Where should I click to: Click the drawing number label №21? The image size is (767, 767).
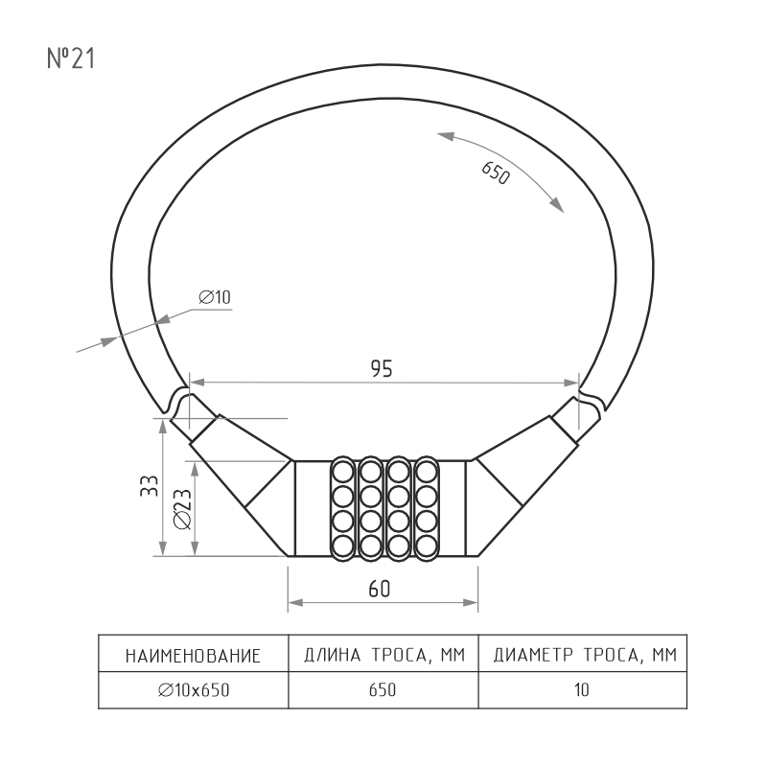point(71,58)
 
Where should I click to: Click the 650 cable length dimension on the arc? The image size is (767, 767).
point(496,174)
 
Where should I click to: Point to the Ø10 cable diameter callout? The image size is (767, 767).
point(215,297)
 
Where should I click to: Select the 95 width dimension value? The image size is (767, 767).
point(382,369)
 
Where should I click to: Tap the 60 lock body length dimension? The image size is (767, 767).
point(380,589)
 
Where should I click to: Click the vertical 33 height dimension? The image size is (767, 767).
point(150,486)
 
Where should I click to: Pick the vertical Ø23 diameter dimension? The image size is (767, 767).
point(182,509)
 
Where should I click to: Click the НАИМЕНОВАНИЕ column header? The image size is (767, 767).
point(194,656)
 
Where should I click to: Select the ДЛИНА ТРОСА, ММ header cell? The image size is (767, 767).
point(384,655)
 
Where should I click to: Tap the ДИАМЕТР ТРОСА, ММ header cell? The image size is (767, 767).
point(585,655)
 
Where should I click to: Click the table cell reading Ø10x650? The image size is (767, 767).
point(194,689)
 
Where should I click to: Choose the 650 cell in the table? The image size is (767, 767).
point(383,689)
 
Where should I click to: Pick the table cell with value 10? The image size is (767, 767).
point(582,689)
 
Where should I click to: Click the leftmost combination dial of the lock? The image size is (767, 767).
point(342,509)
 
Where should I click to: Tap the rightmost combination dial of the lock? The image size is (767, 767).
point(427,509)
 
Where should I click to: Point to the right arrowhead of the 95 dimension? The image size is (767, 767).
point(571,383)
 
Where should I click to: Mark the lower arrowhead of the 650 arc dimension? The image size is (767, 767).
point(557,206)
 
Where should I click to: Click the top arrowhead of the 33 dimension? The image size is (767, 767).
point(163,426)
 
